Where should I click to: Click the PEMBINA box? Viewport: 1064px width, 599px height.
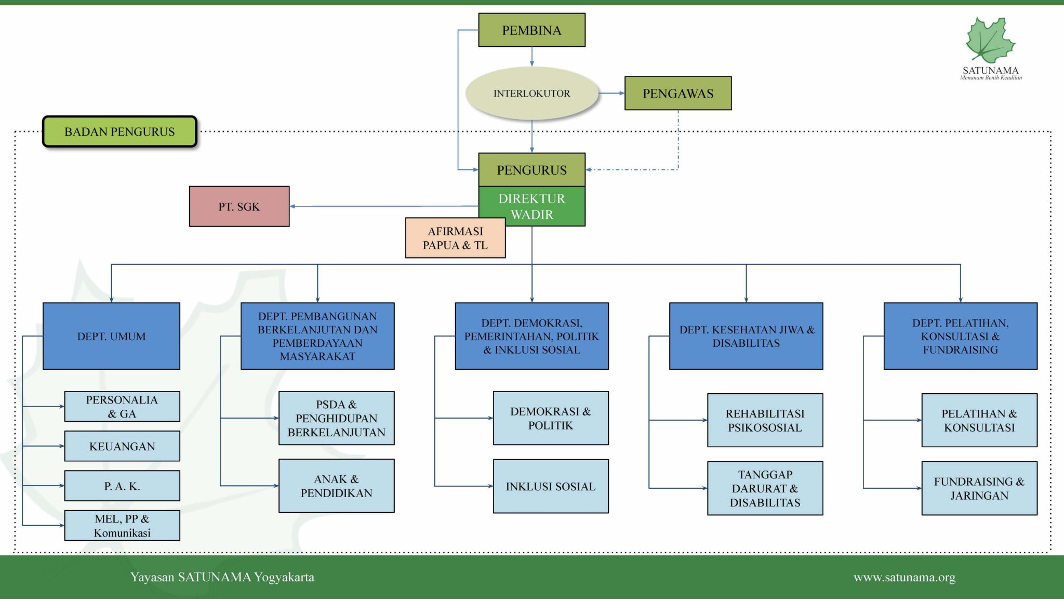(x=531, y=30)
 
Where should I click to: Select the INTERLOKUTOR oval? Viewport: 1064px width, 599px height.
(x=531, y=94)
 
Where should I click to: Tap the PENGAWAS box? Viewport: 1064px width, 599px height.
(x=678, y=94)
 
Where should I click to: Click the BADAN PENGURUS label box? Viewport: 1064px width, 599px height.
(x=119, y=132)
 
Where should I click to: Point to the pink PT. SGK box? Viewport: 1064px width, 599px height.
(x=239, y=206)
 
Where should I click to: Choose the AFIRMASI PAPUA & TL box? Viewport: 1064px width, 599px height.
(x=455, y=238)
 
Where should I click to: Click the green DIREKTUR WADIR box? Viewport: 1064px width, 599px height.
(x=531, y=206)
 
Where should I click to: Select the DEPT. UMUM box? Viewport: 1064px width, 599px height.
(x=111, y=336)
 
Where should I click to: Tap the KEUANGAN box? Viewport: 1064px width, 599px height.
(x=122, y=446)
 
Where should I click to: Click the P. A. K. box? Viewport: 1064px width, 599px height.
(x=122, y=486)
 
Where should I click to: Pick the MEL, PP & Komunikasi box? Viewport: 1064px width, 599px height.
(x=122, y=526)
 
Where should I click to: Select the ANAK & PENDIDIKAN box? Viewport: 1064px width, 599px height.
(x=336, y=486)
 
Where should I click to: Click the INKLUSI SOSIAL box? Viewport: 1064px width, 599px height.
(x=551, y=486)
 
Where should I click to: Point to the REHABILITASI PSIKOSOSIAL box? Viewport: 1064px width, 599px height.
(x=765, y=420)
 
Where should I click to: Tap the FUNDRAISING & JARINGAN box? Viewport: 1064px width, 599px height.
(x=979, y=488)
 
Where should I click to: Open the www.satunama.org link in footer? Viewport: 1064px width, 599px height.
(x=905, y=577)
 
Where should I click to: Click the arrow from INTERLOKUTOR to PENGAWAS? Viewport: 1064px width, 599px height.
(x=611, y=94)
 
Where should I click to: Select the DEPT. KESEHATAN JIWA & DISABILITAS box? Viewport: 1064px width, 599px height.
(x=746, y=336)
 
